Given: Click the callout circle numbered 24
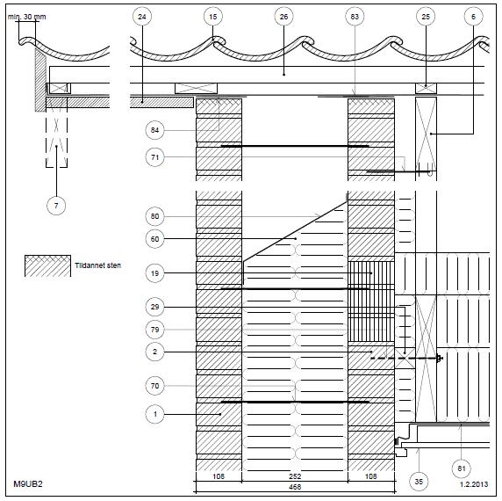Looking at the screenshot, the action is point(142,17).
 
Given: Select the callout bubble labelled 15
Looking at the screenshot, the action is point(213,17).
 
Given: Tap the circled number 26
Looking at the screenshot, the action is point(284,17).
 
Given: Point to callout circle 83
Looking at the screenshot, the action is point(355,17).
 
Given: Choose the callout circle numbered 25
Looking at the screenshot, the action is point(426,17).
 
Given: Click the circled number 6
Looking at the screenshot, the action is point(474,17).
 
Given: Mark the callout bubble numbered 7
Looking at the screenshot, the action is point(56,206).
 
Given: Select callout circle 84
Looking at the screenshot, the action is point(155,130).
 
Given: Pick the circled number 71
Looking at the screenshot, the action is point(155,157).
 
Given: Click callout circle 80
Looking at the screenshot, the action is point(155,216).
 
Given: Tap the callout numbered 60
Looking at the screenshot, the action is point(155,239).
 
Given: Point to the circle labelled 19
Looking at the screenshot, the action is point(155,273).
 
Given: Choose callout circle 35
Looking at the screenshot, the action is point(419,481).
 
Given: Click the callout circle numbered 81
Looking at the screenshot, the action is point(462,468).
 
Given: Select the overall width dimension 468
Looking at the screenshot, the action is point(295,487).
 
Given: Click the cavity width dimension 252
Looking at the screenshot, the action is point(295,476).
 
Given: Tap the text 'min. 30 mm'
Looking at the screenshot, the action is point(27,17).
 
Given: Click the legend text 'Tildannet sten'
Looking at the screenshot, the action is point(98,265).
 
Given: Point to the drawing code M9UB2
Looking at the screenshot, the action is point(28,483).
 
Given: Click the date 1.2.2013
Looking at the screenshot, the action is point(474,484).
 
